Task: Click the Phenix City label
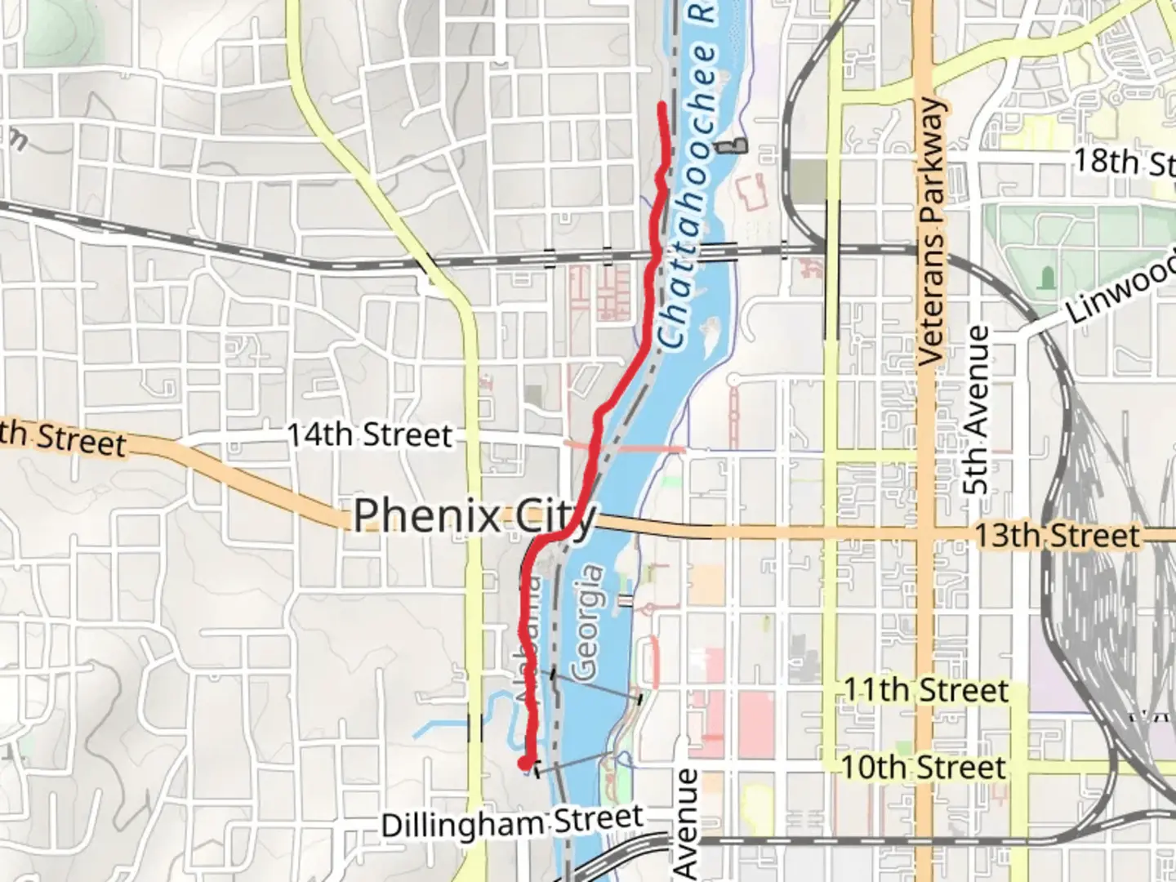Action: pos(474,517)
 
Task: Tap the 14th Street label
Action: pos(369,434)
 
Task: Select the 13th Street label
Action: pos(1057,537)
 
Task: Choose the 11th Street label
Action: pos(926,691)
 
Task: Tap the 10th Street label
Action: pos(924,768)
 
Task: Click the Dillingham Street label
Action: pos(512,822)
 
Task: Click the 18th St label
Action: pos(1123,162)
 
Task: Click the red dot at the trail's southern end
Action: pos(523,763)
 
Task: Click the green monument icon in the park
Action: pos(1046,278)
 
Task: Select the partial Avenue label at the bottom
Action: pos(688,825)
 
